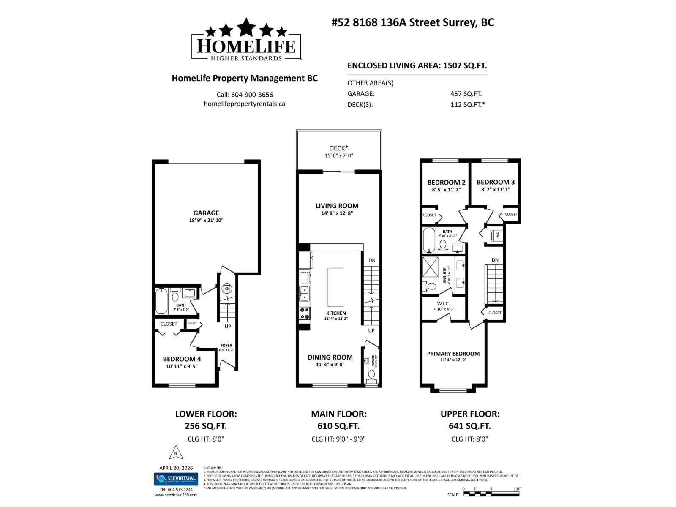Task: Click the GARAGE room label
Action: tap(206, 213)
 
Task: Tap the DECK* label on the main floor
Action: tap(338, 148)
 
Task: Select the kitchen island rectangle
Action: tap(335, 287)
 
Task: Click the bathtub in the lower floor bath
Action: tap(161, 301)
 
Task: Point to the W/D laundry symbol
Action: tap(496, 234)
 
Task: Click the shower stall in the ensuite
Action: tap(431, 267)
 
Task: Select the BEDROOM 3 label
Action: tap(496, 182)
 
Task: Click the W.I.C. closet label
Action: tap(444, 303)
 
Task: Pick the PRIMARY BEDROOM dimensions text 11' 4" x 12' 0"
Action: tap(453, 360)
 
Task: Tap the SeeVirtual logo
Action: tap(176, 479)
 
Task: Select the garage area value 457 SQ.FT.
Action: tap(466, 94)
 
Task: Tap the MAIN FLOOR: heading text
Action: tap(338, 414)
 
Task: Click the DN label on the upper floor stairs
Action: tap(495, 260)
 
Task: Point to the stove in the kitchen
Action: tap(305, 313)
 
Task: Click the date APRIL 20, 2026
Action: tap(176, 468)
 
